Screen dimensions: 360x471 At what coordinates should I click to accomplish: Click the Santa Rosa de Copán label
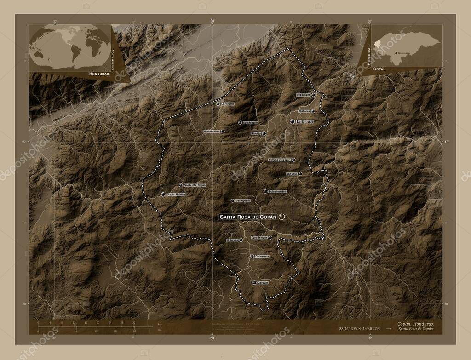pos(248,217)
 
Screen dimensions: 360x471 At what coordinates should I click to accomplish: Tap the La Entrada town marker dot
pos(293,121)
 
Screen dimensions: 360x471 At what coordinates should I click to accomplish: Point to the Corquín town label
pos(263,282)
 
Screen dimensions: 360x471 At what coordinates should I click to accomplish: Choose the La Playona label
pos(227,104)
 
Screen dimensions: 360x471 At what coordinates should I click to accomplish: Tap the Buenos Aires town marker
pos(223,131)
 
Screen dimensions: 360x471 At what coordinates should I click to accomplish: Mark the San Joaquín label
pos(251,123)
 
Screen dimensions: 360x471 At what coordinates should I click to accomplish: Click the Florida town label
pos(256,134)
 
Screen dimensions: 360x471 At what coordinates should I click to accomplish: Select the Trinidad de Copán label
pos(280,160)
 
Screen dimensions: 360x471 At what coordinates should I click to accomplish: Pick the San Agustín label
pos(243,200)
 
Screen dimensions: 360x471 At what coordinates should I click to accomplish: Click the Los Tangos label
pos(303,95)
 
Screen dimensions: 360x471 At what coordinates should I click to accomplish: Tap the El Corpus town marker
pos(241,240)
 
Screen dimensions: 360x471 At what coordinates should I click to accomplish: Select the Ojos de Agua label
pos(259,238)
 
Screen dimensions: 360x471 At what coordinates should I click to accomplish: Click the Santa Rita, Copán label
pos(195,185)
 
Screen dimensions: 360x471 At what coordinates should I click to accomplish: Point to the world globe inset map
pos(70,46)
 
